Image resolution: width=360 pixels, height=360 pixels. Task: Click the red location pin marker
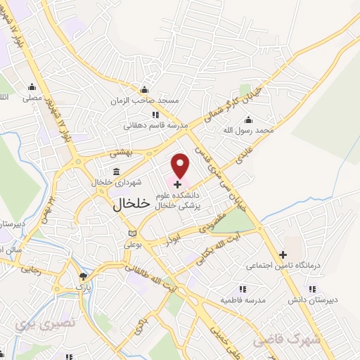(x=181, y=166)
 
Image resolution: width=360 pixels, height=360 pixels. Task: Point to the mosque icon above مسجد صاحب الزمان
(x=145, y=90)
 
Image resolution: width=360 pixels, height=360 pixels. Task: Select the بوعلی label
(x=135, y=245)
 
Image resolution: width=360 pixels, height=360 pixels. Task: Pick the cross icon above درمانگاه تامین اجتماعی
(x=283, y=254)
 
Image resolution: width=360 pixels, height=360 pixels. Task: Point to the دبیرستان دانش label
(x=304, y=300)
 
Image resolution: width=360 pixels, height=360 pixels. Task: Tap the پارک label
(x=84, y=288)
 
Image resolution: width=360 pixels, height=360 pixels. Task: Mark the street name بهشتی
(x=120, y=152)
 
